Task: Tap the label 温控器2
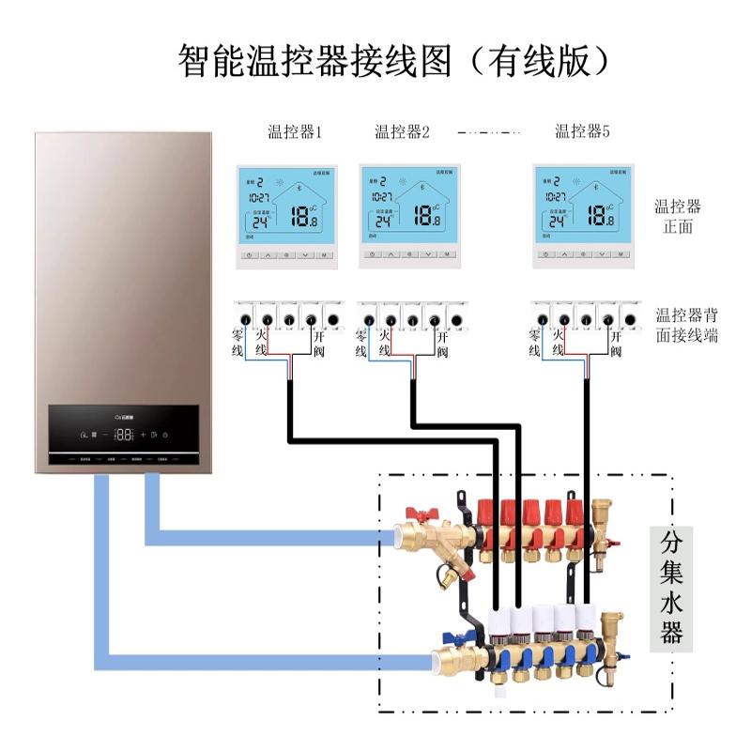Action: coord(402,132)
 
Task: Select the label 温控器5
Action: coord(582,132)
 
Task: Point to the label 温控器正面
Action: coord(678,217)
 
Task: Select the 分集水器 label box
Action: coord(670,589)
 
